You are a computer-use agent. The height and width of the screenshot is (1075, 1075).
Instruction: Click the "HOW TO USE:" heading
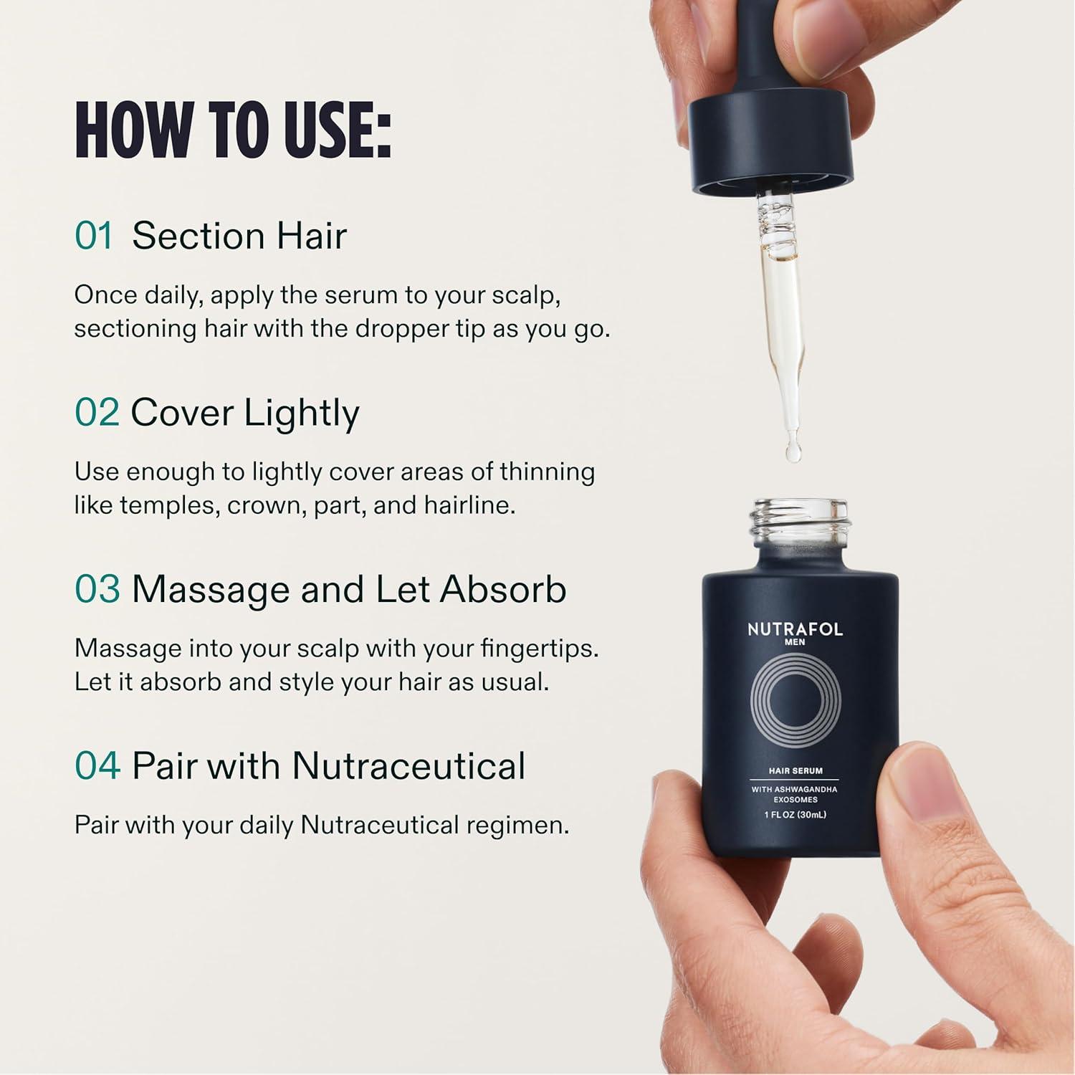pos(233,130)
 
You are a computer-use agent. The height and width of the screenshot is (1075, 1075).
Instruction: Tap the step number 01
pos(94,236)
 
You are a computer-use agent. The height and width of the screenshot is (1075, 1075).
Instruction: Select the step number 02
pos(97,413)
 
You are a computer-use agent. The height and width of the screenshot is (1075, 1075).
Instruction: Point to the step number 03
pos(97,589)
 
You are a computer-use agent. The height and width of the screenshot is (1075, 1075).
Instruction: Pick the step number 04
pos(97,765)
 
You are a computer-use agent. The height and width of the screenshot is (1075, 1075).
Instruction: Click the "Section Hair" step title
pos(239,236)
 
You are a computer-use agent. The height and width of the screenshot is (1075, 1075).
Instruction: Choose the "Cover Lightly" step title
pos(245,414)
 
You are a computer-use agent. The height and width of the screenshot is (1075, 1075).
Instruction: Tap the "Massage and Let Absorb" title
pos(349,590)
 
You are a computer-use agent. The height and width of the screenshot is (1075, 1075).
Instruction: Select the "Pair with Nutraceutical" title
pos(329,765)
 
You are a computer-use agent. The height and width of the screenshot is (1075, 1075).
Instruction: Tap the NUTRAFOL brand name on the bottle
pos(795,630)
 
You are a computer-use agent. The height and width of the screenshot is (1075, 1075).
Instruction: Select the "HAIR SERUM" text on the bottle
pos(795,771)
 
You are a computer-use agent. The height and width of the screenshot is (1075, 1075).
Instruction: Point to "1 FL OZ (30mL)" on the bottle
pos(795,815)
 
